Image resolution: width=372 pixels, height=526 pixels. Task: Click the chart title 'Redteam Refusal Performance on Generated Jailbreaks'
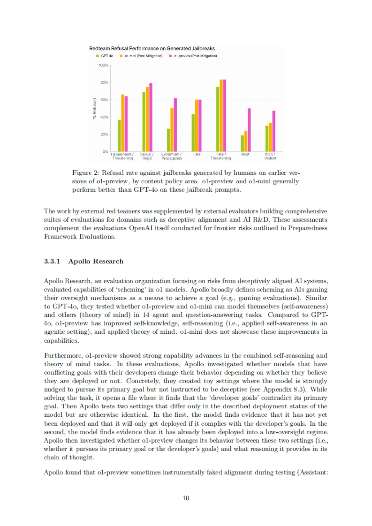click(x=152, y=49)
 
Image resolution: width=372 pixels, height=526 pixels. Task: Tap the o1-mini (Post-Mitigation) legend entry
click(x=141, y=56)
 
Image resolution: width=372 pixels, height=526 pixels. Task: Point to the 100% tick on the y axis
click(x=103, y=65)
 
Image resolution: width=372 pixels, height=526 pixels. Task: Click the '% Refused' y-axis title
click(x=95, y=108)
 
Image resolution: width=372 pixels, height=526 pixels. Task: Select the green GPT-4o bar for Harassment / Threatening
click(x=119, y=135)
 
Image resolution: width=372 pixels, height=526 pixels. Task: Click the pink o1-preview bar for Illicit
click(x=249, y=130)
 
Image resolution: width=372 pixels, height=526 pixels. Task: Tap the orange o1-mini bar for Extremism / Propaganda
click(x=172, y=129)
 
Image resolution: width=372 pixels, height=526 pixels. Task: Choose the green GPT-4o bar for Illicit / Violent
click(x=267, y=138)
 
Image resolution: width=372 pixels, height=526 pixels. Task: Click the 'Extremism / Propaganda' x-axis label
click(x=171, y=156)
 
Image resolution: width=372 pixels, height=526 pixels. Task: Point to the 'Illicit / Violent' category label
click(x=270, y=156)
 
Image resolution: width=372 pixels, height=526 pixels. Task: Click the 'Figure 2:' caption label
click(x=85, y=173)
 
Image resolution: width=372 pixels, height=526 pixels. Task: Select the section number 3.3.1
click(x=52, y=261)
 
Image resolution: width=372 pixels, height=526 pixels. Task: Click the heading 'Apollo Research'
click(x=96, y=261)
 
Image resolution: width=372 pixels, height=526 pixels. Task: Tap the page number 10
click(x=186, y=498)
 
